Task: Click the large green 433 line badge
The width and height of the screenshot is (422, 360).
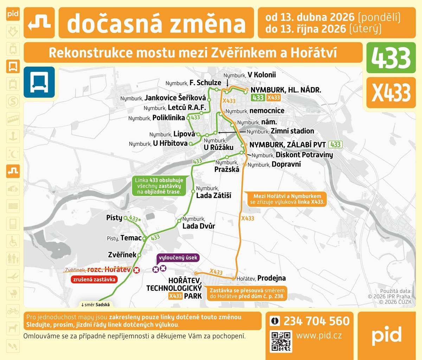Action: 391,58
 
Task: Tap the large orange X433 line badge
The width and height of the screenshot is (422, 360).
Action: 391,93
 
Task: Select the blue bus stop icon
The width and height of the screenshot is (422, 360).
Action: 39,82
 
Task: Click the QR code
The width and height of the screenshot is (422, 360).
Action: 281,341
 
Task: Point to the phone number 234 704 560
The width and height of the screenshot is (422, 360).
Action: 316,321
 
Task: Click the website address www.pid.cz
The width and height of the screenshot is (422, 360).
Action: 319,335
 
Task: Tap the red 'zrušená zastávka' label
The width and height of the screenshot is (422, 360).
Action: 94,279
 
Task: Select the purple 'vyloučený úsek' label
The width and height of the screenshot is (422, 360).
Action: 178,258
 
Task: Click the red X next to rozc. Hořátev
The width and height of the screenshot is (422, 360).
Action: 136,270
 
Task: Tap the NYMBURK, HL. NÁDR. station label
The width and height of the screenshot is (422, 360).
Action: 285,90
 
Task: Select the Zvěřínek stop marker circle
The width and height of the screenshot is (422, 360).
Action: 139,255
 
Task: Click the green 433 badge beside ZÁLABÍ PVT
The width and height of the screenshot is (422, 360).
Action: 335,145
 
